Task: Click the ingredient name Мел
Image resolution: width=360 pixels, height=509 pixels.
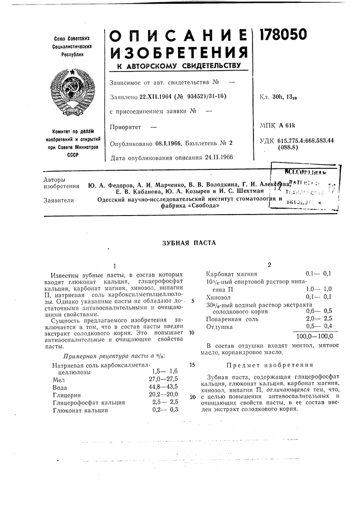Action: click(59, 378)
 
